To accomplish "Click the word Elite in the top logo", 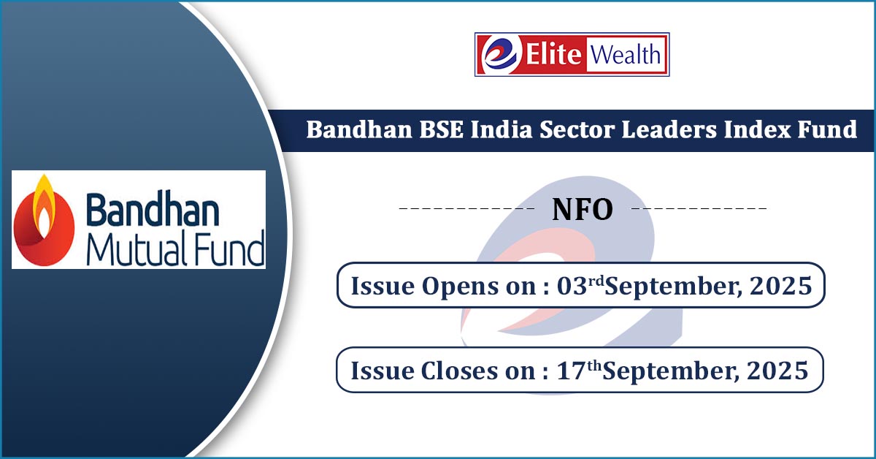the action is pyautogui.click(x=553, y=54).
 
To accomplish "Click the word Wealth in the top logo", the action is pyautogui.click(x=626, y=54).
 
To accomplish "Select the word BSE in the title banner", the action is pyautogui.click(x=442, y=129).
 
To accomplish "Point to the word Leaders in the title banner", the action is pyautogui.click(x=669, y=129).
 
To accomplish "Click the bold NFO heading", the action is pyautogui.click(x=583, y=210).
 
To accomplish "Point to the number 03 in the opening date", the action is pyautogui.click(x=572, y=286).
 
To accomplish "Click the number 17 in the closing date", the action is pyautogui.click(x=571, y=371).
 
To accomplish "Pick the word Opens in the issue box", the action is pyautogui.click(x=459, y=287).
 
